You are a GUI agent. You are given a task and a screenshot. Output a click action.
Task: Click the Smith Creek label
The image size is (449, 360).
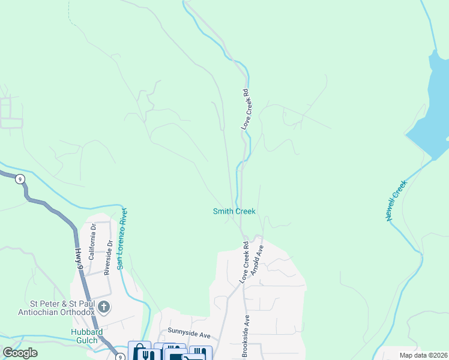pyautogui.click(x=234, y=211)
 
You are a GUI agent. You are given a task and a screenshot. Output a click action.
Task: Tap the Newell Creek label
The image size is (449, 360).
pyautogui.click(x=397, y=202)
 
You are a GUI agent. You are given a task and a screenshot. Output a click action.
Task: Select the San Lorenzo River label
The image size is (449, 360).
pyautogui.click(x=123, y=238)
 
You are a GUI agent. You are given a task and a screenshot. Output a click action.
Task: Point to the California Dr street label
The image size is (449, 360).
pyautogui.click(x=92, y=242)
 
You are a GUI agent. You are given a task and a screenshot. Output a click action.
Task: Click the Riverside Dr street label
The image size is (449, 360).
pyautogui.click(x=109, y=257)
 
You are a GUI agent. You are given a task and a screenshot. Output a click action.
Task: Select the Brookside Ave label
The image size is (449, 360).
pyautogui.click(x=245, y=336)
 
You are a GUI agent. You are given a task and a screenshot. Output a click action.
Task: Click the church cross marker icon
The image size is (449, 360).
pyautogui.click(x=104, y=308)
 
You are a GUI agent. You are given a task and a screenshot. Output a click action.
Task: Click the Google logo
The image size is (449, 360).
pyautogui.click(x=20, y=353)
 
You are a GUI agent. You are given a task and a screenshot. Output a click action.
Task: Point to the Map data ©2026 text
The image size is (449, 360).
pyautogui.click(x=423, y=355)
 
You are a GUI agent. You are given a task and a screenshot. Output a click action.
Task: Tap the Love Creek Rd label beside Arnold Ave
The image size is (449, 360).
pyautogui.click(x=244, y=262)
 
